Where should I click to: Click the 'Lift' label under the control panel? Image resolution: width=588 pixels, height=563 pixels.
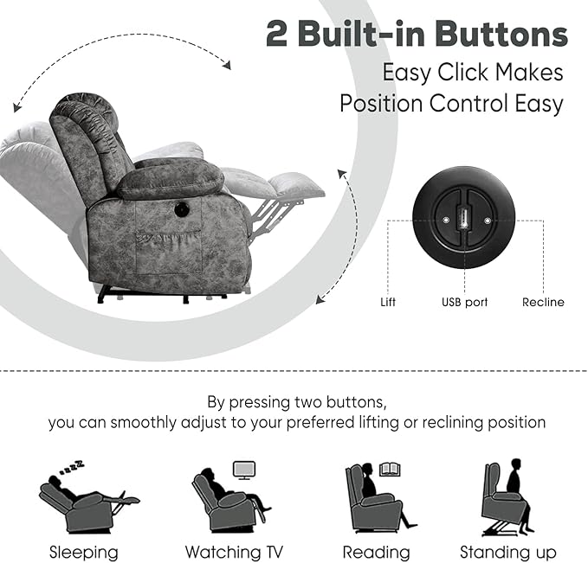tap(388, 303)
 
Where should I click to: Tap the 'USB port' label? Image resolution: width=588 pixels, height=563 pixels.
tap(464, 303)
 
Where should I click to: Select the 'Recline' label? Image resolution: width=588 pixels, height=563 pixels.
tap(543, 303)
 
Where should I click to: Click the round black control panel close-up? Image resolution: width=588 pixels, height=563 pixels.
tap(464, 221)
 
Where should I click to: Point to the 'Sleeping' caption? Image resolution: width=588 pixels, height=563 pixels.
tap(83, 552)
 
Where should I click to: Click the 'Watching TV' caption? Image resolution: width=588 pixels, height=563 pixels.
tap(234, 552)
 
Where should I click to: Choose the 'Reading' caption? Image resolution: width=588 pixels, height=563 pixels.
tap(376, 552)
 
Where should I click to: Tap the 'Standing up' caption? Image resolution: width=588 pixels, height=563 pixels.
tap(508, 552)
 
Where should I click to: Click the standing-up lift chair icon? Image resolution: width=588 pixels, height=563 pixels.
tap(507, 496)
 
